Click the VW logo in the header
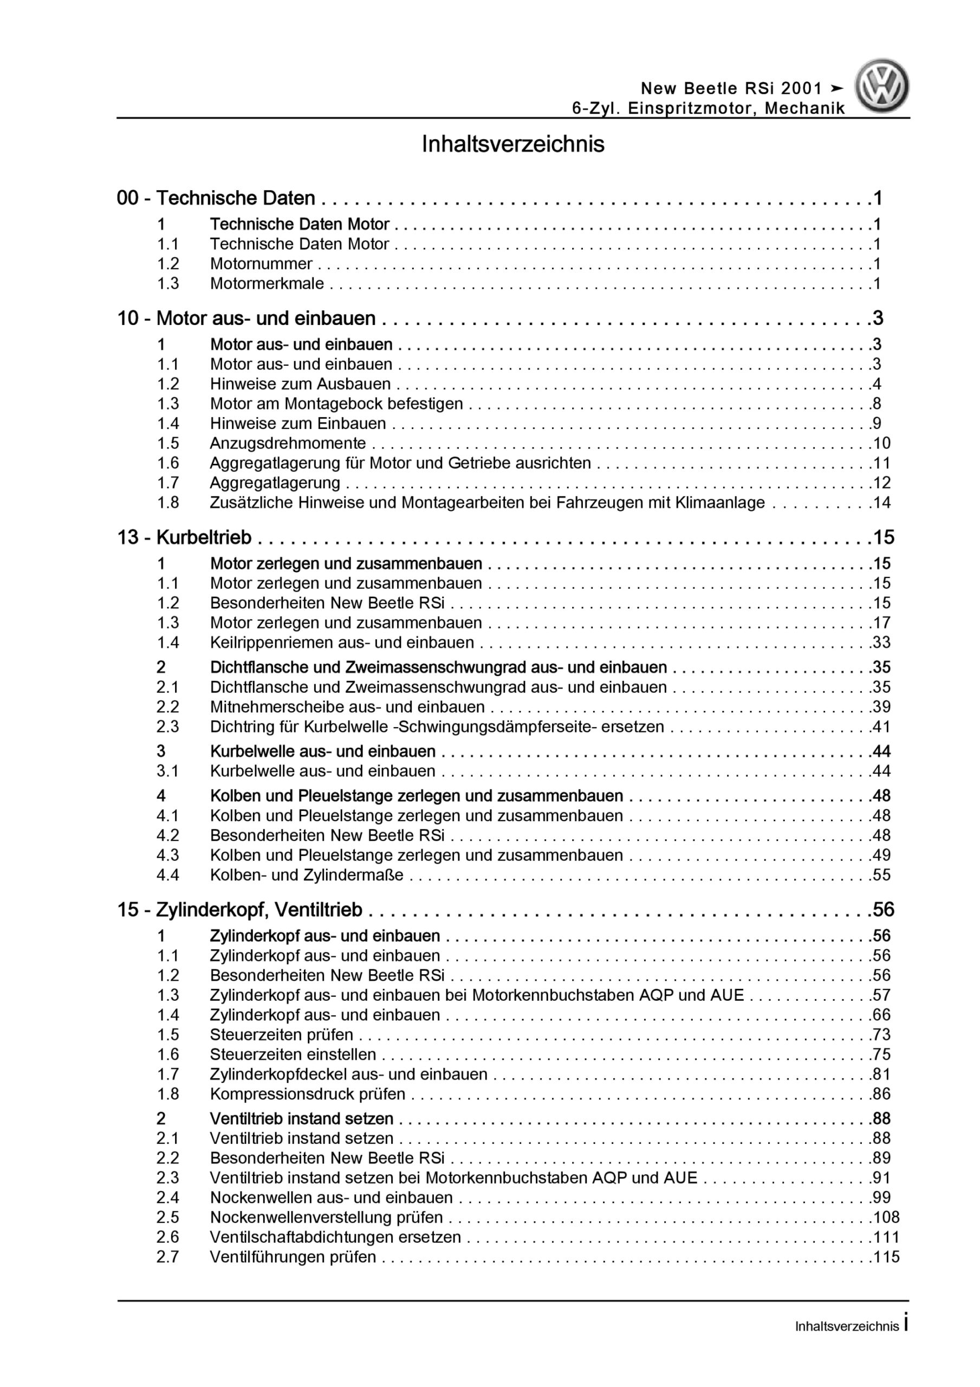(881, 86)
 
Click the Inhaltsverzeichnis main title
(512, 144)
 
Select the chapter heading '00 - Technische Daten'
(216, 198)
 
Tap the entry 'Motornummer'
(261, 264)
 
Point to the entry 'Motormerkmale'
(267, 283)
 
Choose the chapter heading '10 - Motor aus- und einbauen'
(246, 319)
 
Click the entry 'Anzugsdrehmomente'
(288, 443)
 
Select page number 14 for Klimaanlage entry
(881, 503)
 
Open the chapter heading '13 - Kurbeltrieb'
(184, 537)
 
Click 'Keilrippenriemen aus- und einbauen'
(342, 642)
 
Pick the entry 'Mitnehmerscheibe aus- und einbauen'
(347, 707)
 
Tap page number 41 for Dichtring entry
(881, 727)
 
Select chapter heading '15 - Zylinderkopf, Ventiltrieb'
(240, 910)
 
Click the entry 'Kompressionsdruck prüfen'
(308, 1093)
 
